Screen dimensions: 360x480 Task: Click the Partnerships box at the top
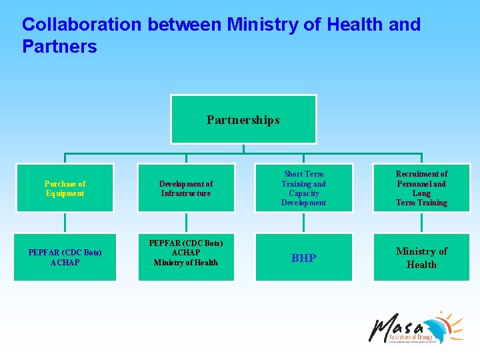point(243,119)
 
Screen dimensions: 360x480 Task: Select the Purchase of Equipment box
point(65,188)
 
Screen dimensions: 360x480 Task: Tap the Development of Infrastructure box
point(186,188)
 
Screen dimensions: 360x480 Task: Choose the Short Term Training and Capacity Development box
point(303,188)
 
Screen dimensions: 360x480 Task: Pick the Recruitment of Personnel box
point(421,188)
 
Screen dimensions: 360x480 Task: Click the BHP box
point(303,257)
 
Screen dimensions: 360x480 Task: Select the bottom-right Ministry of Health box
point(421,257)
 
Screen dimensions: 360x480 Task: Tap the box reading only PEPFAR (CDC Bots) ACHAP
point(65,257)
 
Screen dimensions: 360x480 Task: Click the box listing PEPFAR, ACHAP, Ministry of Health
point(186,253)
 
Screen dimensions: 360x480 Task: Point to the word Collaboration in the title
point(82,25)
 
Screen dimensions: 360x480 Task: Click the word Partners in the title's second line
point(59,47)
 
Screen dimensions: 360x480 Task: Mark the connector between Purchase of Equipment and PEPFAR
point(65,222)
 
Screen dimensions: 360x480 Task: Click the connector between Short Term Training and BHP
point(303,222)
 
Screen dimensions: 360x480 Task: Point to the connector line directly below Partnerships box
point(243,149)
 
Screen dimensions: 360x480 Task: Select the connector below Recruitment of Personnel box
point(421,222)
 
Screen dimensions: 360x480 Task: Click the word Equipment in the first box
point(65,193)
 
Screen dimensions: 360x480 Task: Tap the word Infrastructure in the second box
point(186,193)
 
